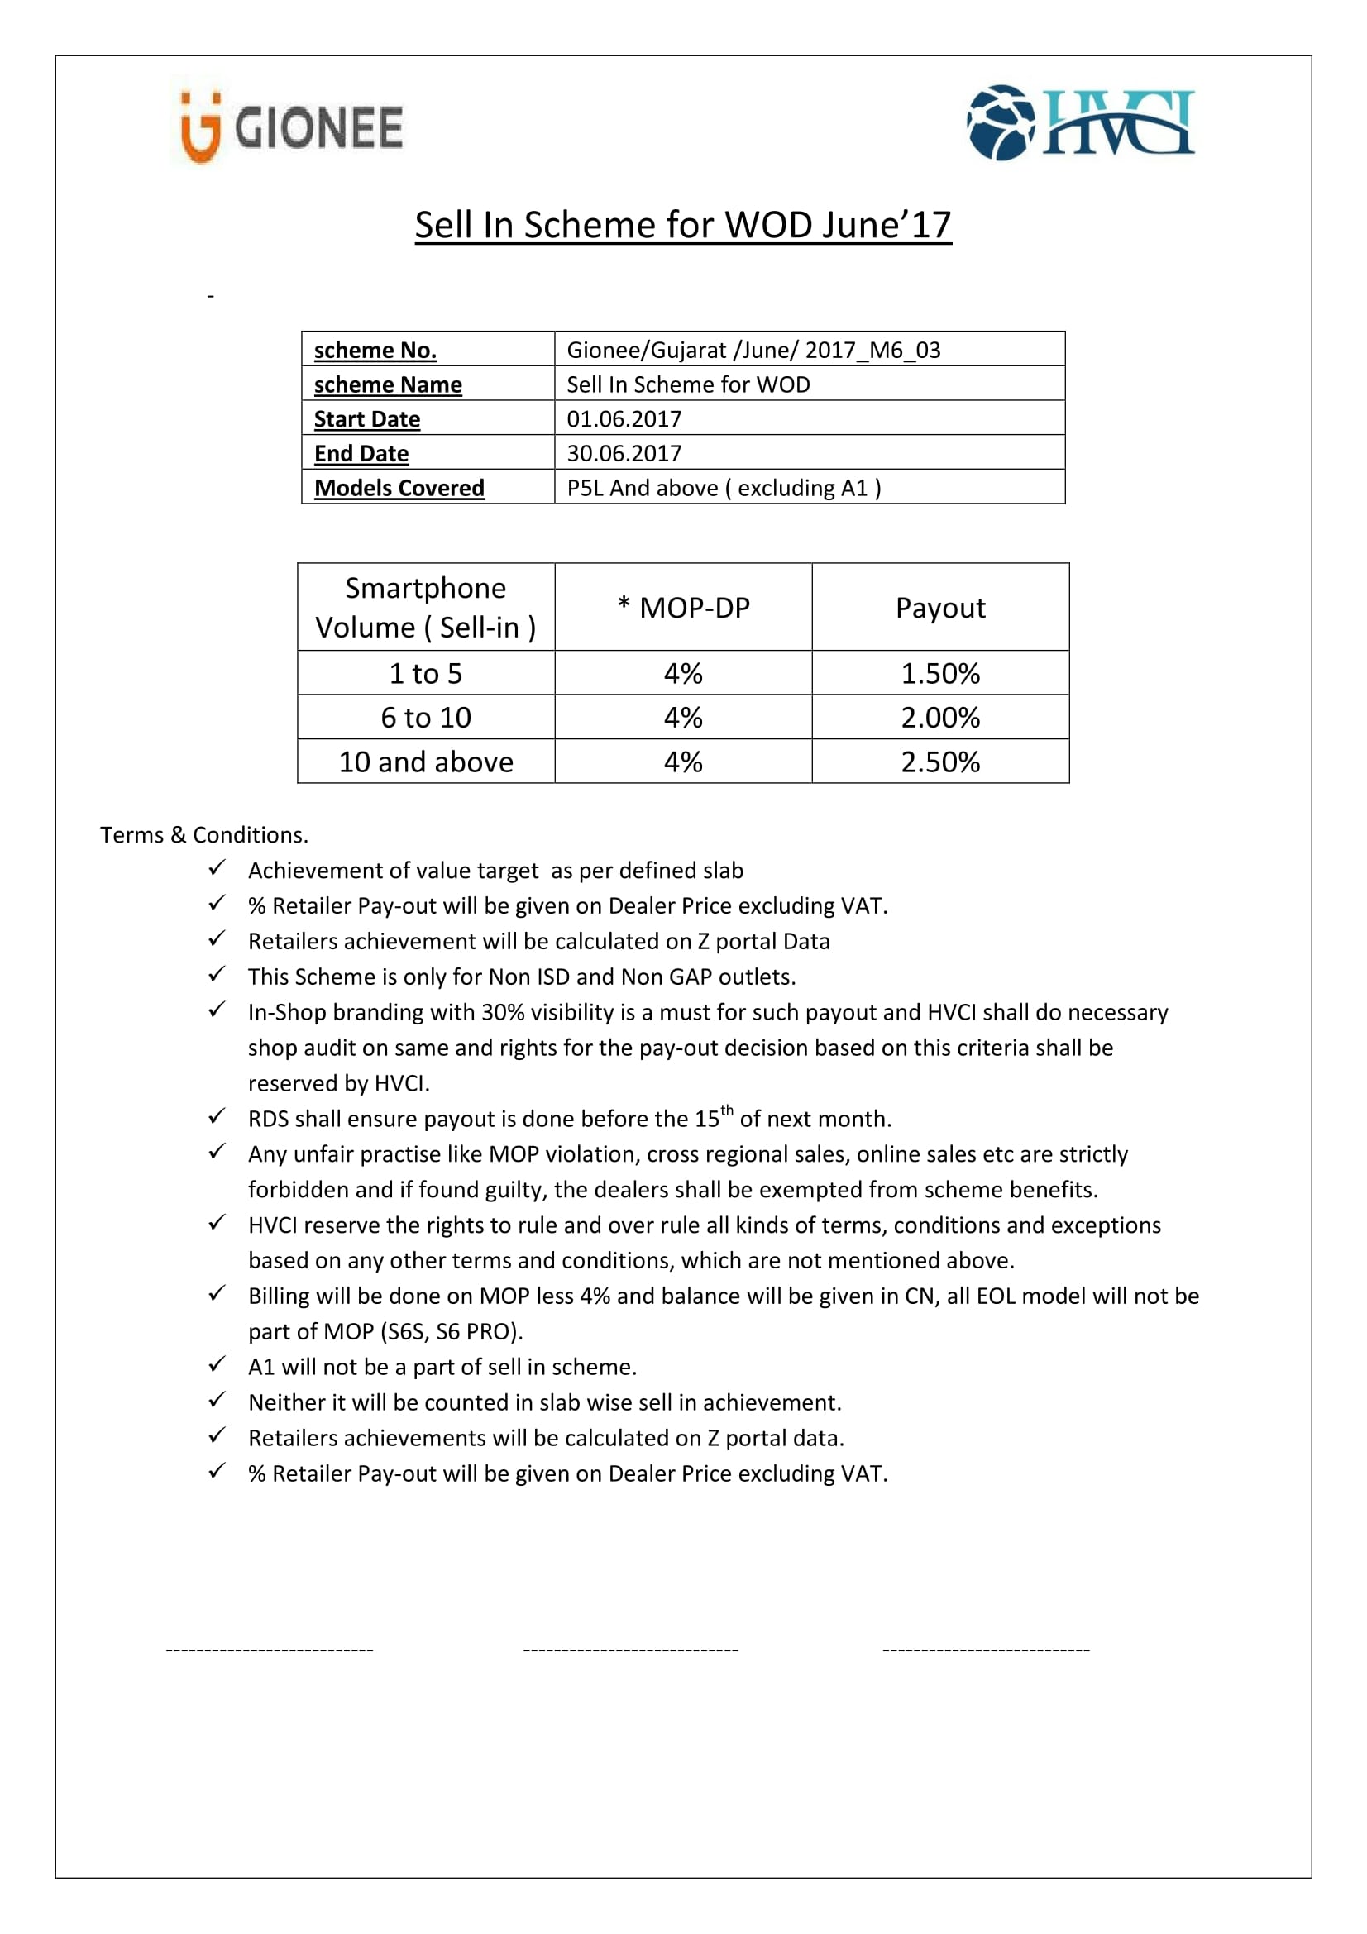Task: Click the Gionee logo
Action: [x=291, y=127]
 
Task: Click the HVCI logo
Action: [x=1081, y=123]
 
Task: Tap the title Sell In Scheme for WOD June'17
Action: [x=682, y=225]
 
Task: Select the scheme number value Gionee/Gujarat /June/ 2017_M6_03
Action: [x=753, y=350]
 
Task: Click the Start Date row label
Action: [x=366, y=418]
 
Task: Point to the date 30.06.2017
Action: [x=624, y=453]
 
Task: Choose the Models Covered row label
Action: [x=399, y=488]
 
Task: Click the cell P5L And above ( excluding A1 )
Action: [x=724, y=488]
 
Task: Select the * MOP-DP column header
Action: [x=683, y=608]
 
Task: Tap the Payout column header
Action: [x=940, y=608]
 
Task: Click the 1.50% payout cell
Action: [x=940, y=673]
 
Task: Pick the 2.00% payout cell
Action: [x=940, y=717]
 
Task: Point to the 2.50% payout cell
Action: [x=940, y=762]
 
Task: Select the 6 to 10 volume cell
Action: [x=425, y=717]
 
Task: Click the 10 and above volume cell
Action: [x=425, y=762]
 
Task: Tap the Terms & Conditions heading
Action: [x=203, y=835]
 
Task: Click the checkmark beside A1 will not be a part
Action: [x=217, y=1363]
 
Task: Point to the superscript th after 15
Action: [x=727, y=1110]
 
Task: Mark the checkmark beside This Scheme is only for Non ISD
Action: [x=217, y=974]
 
